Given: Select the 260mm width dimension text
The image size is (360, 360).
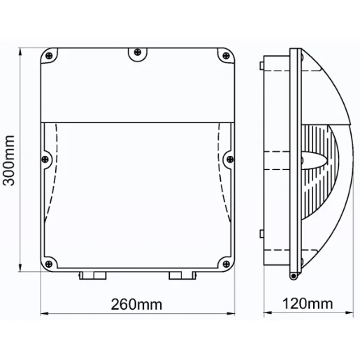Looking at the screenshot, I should pyautogui.click(x=137, y=304).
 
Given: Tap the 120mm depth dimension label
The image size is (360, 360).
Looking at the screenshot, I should pyautogui.click(x=308, y=304).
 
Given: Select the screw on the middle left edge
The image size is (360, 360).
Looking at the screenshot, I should pyautogui.click(x=46, y=159).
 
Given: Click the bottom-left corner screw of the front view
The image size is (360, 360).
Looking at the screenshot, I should pyautogui.click(x=48, y=263).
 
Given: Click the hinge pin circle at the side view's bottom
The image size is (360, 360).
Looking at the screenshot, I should pyautogui.click(x=291, y=278).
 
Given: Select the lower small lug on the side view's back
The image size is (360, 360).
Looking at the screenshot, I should pyautogui.click(x=261, y=234).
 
